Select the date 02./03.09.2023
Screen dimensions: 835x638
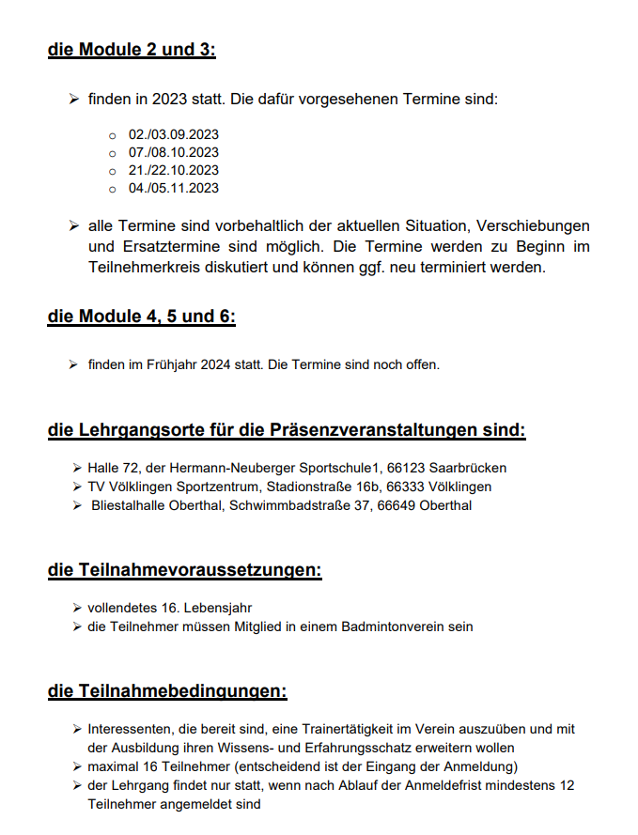click(x=173, y=134)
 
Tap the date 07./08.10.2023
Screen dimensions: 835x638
click(x=173, y=152)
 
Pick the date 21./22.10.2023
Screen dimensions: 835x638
click(x=173, y=170)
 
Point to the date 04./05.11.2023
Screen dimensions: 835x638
click(x=173, y=188)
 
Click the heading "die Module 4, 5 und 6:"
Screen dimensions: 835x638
click(x=141, y=317)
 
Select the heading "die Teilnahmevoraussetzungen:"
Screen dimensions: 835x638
click(x=184, y=570)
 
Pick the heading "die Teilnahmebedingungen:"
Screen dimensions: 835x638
click(x=166, y=692)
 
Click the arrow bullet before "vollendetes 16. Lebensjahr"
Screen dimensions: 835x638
click(x=76, y=608)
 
